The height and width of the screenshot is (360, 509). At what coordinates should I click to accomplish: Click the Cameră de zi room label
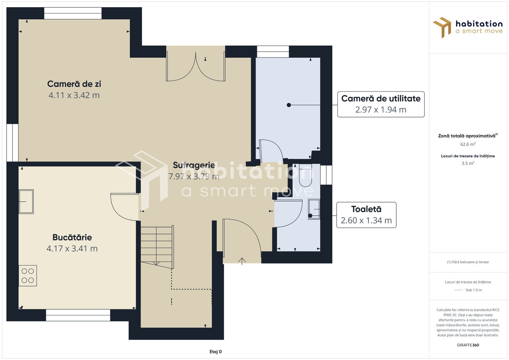point(74,84)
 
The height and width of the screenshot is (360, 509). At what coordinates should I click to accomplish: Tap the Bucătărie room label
point(72,237)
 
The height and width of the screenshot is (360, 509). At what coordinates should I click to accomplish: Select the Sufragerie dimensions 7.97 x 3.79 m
point(194,176)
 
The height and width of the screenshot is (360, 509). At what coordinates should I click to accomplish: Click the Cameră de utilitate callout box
point(381,104)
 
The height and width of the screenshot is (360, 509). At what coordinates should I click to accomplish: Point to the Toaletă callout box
point(366,215)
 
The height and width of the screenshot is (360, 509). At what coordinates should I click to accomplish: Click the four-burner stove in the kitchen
point(28,276)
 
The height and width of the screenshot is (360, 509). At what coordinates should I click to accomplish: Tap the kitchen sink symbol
point(26,202)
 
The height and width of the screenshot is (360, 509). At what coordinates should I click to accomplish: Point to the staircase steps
point(157,246)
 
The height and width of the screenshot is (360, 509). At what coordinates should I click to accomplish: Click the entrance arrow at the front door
point(242,261)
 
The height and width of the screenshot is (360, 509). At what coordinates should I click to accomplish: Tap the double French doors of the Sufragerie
point(196,67)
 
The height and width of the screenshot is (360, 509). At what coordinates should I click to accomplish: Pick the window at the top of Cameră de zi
point(73,13)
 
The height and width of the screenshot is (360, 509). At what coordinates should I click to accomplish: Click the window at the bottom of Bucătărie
point(78,315)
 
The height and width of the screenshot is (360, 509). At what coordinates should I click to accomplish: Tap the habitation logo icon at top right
point(442,27)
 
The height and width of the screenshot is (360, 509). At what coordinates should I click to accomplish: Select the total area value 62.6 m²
point(468,144)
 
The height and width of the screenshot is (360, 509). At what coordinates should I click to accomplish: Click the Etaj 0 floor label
point(215,352)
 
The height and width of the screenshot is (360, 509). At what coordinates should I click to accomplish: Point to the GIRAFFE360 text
point(468,345)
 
